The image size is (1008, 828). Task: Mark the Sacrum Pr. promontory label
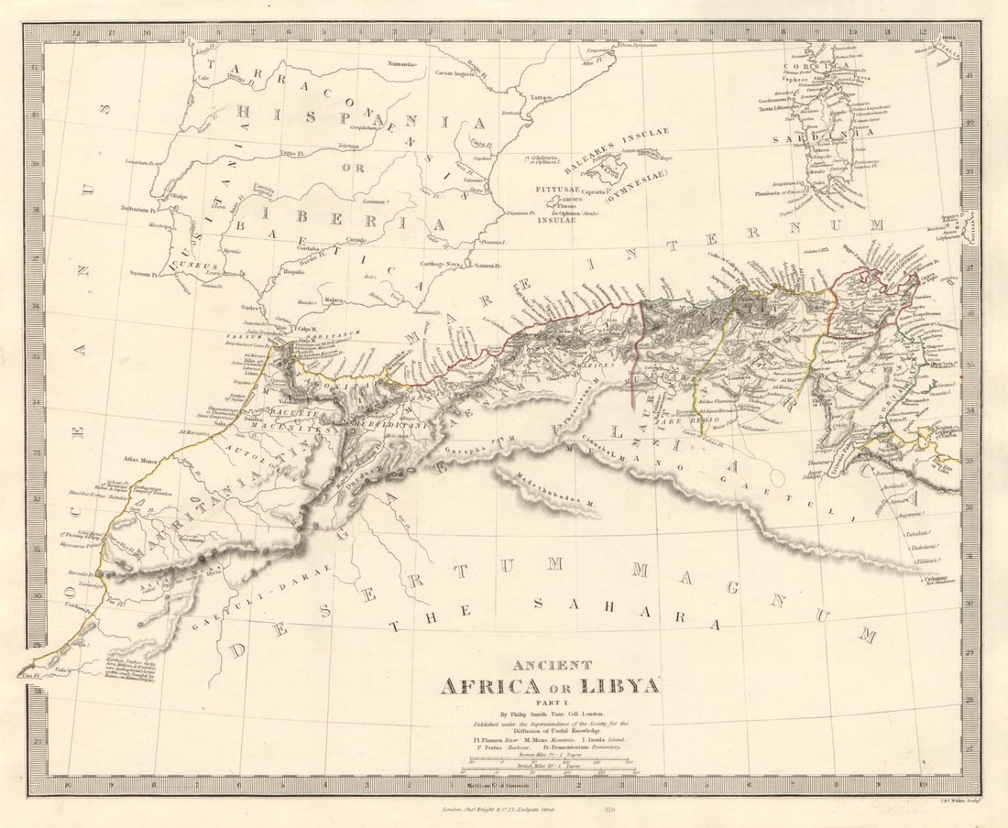pyautogui.click(x=145, y=273)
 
